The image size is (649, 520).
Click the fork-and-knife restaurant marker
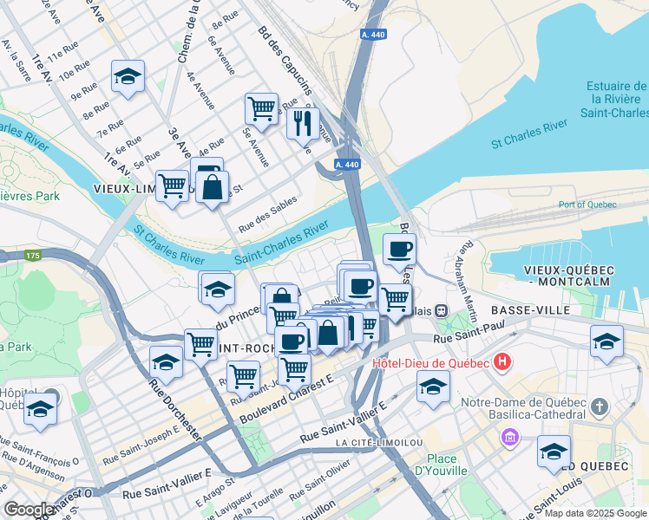pos(303,123)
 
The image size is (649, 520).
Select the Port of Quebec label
pos(587,205)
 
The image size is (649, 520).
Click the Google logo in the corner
pos(29,510)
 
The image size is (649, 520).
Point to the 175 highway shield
pos(33,256)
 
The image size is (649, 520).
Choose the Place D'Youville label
pos(447,465)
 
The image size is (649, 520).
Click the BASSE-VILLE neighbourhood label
pos(530,309)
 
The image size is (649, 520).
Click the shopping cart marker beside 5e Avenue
pos(260,108)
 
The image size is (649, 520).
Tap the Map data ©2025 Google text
pos(596,513)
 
